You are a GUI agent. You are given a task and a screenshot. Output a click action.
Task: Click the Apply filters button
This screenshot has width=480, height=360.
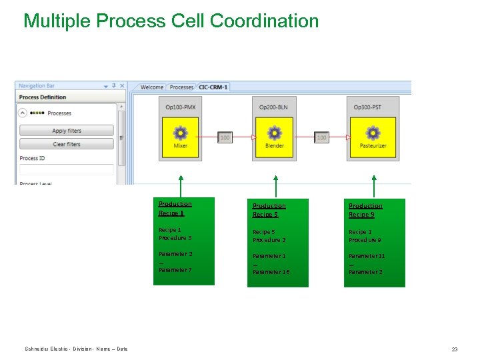(x=67, y=131)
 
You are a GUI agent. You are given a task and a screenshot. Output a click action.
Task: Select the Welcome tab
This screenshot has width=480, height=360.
(x=152, y=87)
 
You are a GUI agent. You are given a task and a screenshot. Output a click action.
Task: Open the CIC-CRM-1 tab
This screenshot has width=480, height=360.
(x=213, y=87)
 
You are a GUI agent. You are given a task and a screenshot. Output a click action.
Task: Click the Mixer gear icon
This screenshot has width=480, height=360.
(x=180, y=132)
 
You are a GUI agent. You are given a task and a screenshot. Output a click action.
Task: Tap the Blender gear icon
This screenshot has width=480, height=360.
(x=274, y=132)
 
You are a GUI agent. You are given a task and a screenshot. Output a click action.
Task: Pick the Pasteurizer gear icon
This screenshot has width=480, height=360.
(x=373, y=132)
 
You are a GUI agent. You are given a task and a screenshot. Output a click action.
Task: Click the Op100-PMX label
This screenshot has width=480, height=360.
(x=180, y=107)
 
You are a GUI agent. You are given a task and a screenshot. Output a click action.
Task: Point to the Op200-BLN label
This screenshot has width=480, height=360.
(x=274, y=107)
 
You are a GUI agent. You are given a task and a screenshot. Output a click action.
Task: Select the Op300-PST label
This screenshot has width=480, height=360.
(x=372, y=107)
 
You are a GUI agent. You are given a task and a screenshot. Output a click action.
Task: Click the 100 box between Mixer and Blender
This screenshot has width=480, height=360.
(x=225, y=137)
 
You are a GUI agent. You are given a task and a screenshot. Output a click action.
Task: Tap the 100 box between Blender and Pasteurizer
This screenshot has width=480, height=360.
(x=321, y=137)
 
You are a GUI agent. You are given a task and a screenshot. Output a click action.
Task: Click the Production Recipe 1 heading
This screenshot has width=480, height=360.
(x=175, y=209)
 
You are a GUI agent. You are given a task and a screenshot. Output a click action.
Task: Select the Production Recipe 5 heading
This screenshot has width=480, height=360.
(x=269, y=210)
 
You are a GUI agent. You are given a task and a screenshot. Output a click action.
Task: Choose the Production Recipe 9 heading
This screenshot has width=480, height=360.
(x=365, y=210)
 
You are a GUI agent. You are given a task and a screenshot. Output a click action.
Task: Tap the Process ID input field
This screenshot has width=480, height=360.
(x=67, y=169)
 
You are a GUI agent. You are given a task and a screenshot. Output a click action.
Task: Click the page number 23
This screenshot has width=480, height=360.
(x=455, y=349)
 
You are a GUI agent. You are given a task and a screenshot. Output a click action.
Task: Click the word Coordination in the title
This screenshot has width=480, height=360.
(x=264, y=21)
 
